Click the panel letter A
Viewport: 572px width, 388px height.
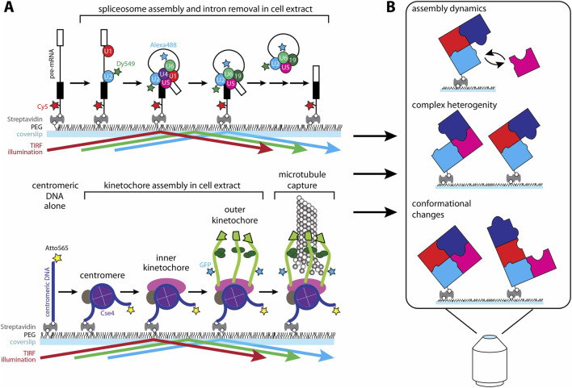pos(8,7)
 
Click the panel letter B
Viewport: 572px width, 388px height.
pos(391,7)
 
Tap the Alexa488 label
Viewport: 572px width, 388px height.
pos(163,45)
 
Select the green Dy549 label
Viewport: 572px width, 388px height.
pos(126,64)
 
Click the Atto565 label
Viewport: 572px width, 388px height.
pos(57,248)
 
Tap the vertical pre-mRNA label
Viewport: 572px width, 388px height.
pos(51,64)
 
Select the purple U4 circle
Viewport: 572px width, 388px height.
pos(164,75)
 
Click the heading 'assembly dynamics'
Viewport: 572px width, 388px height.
pos(448,9)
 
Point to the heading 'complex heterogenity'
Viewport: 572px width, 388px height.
pos(454,106)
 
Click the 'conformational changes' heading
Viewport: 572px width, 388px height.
pos(441,209)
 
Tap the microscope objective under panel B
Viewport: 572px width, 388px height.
pos(490,361)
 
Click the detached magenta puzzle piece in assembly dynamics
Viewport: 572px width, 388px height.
pos(524,62)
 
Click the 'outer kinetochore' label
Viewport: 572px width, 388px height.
pos(235,215)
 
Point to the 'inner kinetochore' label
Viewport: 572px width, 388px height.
pos(166,263)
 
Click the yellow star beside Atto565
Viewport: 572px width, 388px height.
pos(57,258)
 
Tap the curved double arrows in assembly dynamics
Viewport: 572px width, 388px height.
pos(494,59)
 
